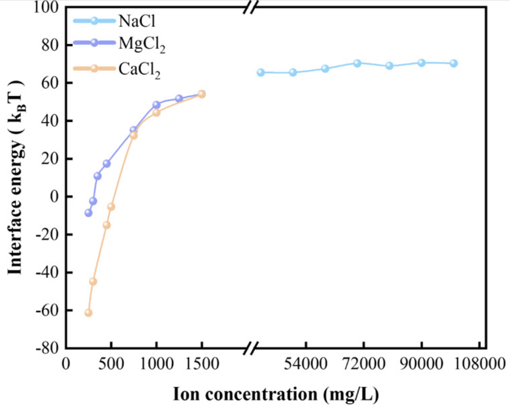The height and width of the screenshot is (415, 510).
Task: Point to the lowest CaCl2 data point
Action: coord(88,313)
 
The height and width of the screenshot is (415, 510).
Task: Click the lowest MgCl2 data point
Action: coord(88,213)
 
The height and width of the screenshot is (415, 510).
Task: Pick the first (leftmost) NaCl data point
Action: coord(261,72)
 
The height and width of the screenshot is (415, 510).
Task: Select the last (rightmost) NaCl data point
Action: coord(454,63)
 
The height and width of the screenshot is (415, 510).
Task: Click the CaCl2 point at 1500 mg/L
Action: coord(201,94)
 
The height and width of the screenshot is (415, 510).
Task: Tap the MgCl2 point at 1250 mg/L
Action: coord(179,98)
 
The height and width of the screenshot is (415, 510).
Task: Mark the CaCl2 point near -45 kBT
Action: coord(93,282)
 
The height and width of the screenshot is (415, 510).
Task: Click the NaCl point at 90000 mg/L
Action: coord(421,63)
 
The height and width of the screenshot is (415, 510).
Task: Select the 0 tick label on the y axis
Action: coord(54,197)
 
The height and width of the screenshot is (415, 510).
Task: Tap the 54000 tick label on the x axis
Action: coord(305,364)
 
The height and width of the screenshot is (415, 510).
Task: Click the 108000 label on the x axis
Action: coord(480,364)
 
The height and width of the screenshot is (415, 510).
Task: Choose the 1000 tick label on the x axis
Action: coord(156,364)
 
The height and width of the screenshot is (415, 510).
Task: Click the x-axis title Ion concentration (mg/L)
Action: coord(276,394)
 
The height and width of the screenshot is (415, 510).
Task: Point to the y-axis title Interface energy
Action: coord(16,178)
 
